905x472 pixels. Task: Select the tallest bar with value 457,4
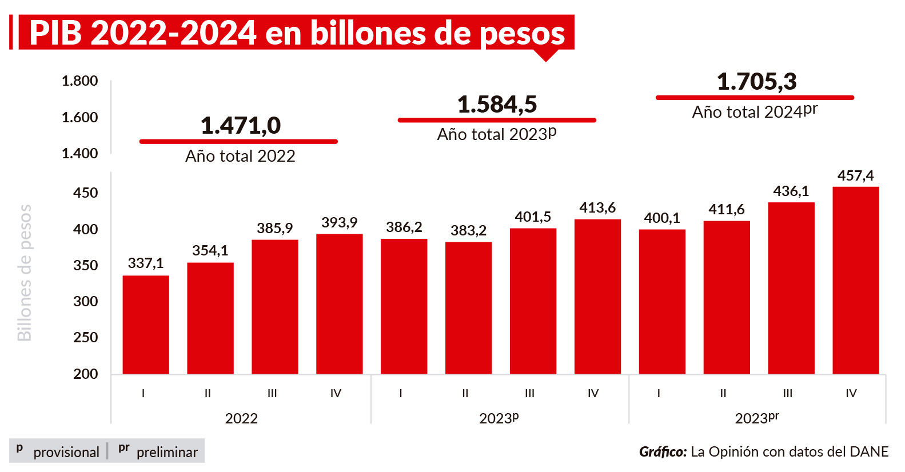tap(855, 280)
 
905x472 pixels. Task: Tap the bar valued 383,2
tap(468, 308)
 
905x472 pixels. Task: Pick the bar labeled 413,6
tap(597, 297)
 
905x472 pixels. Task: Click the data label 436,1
tap(791, 191)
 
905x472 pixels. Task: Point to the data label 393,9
tap(339, 222)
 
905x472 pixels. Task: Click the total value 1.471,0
tap(241, 126)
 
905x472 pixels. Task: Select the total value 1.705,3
tap(756, 82)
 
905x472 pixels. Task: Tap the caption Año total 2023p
tap(496, 134)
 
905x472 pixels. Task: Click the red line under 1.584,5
tap(497, 120)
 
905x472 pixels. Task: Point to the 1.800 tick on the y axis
tap(79, 81)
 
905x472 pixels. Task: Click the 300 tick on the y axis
tap(85, 301)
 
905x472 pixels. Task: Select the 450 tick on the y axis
tap(85, 193)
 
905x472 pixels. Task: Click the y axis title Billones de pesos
tap(24, 273)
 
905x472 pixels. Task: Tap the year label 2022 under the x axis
tap(241, 418)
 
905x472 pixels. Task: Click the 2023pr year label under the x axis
tap(756, 418)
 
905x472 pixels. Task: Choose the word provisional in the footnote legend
tap(66, 452)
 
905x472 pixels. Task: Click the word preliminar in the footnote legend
tap(167, 452)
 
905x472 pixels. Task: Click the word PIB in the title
tap(55, 33)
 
